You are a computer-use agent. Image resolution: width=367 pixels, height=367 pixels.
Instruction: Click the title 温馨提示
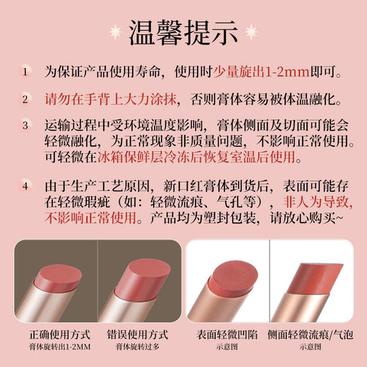click(183, 32)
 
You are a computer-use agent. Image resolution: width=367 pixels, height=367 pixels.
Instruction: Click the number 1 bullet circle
click(26, 71)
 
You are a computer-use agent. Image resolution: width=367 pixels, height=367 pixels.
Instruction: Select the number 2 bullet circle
click(26, 99)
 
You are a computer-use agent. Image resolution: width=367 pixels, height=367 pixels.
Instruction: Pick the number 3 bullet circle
click(26, 126)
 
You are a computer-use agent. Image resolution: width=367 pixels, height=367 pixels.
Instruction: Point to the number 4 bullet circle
click(26, 186)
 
